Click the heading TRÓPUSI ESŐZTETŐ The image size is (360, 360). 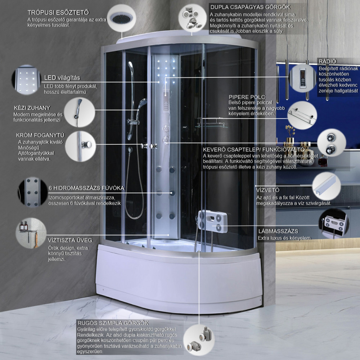pyautogui.click(x=58, y=12)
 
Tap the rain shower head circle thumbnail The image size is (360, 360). pyautogui.click(x=121, y=18)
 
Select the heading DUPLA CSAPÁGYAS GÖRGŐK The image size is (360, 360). pyautogui.click(x=251, y=7)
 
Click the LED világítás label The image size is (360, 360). pyautogui.click(x=62, y=78)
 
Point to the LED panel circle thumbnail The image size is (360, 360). pyautogui.click(x=26, y=80)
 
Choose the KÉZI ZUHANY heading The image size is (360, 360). pyautogui.click(x=32, y=108)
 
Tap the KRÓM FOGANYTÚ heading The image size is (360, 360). pyautogui.click(x=40, y=135)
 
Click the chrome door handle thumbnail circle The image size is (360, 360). pyautogui.click(x=80, y=146)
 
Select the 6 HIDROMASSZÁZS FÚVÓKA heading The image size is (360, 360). pyautogui.click(x=86, y=188)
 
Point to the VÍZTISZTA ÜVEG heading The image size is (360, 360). pyautogui.click(x=70, y=240)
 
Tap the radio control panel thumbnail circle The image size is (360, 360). pyautogui.click(x=303, y=78)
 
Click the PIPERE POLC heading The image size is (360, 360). pyautogui.click(x=247, y=97)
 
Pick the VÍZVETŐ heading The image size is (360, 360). pyautogui.click(x=268, y=190)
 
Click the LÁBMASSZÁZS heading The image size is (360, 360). pyautogui.click(x=278, y=231)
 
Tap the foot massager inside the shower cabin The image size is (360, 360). pyautogui.click(x=213, y=221)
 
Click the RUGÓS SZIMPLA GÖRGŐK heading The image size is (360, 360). pyautogui.click(x=113, y=323)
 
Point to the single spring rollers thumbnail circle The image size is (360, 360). pyautogui.click(x=199, y=340)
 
